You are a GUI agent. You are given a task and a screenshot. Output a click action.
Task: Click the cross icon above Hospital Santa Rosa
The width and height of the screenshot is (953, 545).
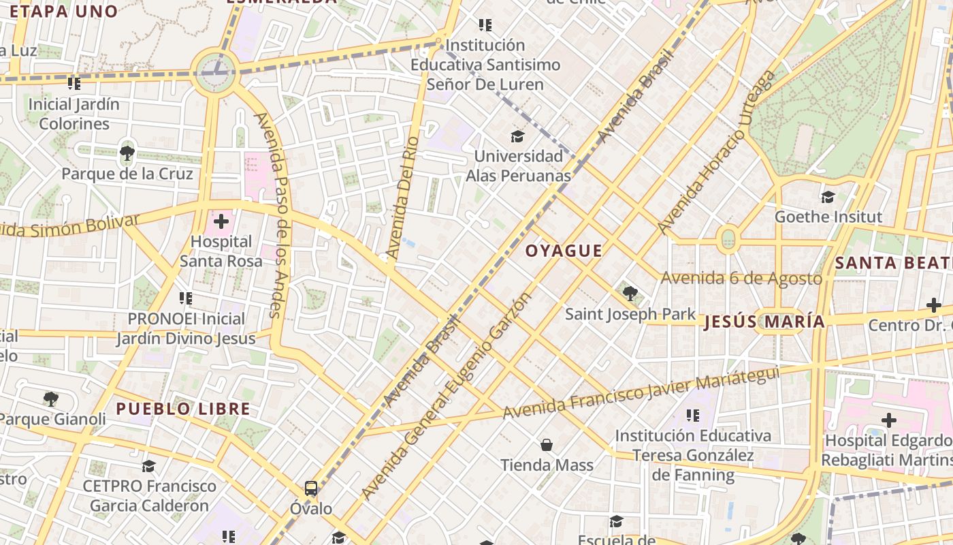[x=221, y=221]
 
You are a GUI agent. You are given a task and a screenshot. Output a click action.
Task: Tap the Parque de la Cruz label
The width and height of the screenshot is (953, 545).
[x=127, y=174]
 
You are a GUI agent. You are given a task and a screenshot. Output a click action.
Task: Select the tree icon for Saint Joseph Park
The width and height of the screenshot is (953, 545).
[x=630, y=294]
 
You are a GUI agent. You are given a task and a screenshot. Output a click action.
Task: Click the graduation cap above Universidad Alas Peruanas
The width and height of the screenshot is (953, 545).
[x=518, y=136]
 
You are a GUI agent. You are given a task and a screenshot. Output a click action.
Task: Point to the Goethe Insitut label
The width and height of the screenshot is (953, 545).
[x=828, y=217]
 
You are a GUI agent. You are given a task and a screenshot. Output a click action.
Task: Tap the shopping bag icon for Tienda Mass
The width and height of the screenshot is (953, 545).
[x=547, y=446]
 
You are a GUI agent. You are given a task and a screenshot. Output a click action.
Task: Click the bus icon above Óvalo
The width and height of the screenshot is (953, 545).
[x=311, y=488]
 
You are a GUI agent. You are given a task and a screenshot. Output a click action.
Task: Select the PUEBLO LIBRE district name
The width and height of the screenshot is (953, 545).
[x=183, y=409]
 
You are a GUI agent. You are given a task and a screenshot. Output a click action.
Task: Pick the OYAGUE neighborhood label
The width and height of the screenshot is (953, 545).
[x=564, y=251]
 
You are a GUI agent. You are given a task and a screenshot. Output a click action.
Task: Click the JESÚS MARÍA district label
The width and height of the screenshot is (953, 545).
[x=764, y=322]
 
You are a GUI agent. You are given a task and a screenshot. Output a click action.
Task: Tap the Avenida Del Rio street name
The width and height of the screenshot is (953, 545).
[x=402, y=198]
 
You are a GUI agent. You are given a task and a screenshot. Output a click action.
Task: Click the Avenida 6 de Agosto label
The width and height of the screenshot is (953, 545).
[x=741, y=278]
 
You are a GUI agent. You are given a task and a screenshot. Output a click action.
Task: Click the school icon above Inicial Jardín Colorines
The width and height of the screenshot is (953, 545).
[x=74, y=84]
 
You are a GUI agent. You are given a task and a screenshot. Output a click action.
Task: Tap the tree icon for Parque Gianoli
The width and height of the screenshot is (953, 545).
[x=50, y=399]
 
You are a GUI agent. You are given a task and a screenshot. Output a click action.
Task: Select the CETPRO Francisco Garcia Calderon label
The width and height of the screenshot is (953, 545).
[x=149, y=496]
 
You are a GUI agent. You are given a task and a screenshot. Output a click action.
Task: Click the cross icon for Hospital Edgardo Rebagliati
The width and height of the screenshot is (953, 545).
[x=888, y=420]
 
